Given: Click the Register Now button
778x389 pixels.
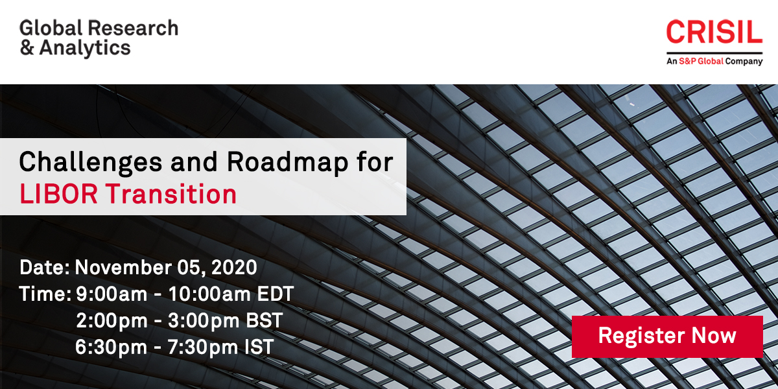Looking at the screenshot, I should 667,336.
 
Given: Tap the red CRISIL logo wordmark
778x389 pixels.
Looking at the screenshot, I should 714,32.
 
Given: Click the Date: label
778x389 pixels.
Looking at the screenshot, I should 45,267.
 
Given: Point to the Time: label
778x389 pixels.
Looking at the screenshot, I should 45,294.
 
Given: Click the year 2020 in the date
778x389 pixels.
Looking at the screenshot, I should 233,267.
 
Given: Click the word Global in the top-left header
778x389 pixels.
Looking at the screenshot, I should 51,28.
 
